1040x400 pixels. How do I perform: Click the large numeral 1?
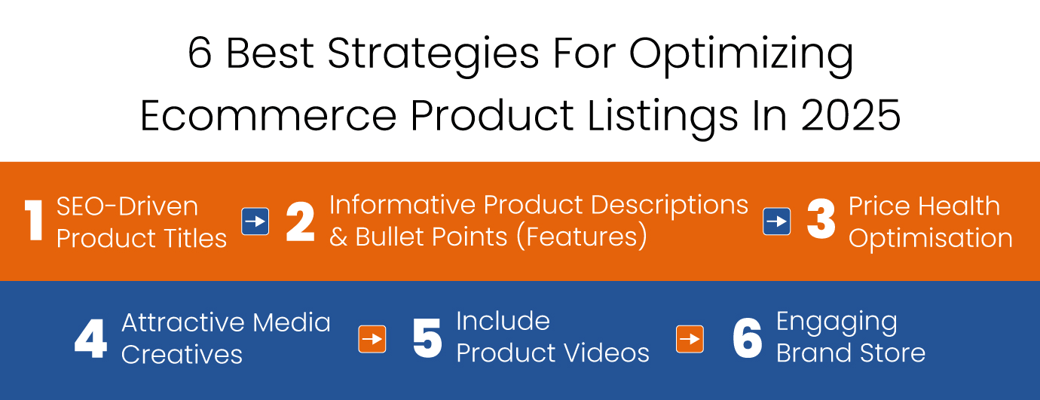(x=34, y=221)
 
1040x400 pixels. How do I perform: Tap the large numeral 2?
(x=300, y=221)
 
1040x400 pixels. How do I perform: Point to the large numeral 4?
(x=91, y=338)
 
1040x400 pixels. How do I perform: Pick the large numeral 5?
(x=427, y=338)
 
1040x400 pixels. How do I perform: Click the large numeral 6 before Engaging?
(x=747, y=338)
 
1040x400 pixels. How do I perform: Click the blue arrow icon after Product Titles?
(x=255, y=221)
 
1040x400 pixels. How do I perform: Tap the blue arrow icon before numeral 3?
(x=777, y=221)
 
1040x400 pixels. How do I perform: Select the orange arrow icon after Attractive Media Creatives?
(x=372, y=339)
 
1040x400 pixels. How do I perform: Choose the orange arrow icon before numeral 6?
(x=690, y=339)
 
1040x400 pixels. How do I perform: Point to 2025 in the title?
(x=851, y=115)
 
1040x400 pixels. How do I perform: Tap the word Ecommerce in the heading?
(x=268, y=115)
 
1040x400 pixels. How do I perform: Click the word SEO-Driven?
(x=127, y=206)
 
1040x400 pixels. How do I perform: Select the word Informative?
(x=402, y=205)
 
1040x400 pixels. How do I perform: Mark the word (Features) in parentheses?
(x=583, y=237)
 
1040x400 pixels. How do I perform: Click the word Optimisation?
(x=931, y=239)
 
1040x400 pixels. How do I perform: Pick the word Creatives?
(x=182, y=355)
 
